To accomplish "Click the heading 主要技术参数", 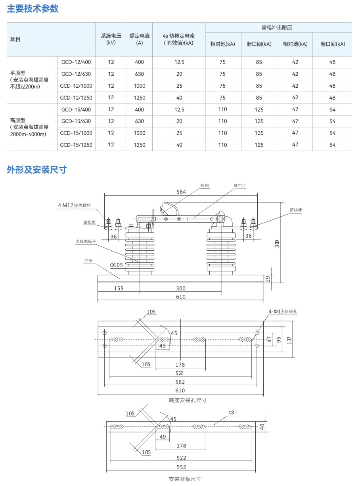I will (x=33, y=9).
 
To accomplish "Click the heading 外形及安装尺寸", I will (x=36, y=170).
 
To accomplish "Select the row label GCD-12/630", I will (x=76, y=74).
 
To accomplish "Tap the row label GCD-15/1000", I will (x=76, y=133).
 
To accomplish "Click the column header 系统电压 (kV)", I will (x=111, y=39).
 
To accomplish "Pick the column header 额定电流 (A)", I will (x=139, y=39).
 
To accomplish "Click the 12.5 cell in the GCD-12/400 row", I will (x=179, y=62).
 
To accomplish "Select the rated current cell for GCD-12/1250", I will (x=139, y=98).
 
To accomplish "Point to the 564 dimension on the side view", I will (x=181, y=192).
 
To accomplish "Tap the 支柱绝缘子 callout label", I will (x=86, y=241).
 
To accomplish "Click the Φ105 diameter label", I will (x=116, y=265).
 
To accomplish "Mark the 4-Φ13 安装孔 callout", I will (x=283, y=312).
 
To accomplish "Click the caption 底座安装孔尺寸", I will (x=188, y=400).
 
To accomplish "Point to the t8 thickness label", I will (x=232, y=413).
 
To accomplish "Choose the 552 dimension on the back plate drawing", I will (x=181, y=467).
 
